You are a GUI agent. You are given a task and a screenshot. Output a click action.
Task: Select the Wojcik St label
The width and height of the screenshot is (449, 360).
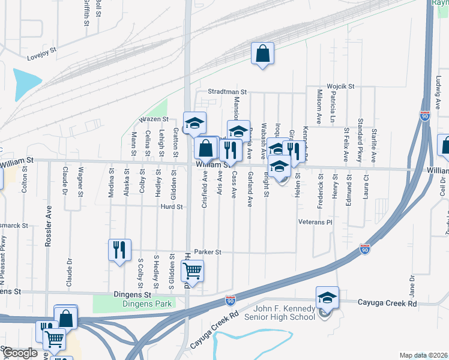340,86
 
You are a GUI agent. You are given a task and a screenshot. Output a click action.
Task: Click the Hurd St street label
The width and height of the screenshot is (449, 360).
171,206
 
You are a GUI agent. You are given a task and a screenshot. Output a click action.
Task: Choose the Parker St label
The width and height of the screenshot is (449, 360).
208,252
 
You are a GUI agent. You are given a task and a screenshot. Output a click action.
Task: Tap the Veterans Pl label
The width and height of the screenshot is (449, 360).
315,222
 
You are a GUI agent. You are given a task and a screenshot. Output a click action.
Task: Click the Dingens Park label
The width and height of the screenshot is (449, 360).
147,304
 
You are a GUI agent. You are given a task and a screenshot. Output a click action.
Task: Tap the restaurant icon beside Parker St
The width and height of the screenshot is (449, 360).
119,249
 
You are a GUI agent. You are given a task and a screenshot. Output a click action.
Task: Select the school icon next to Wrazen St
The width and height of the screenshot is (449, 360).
194,124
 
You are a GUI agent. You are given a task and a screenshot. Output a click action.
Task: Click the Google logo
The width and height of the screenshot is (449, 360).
19,353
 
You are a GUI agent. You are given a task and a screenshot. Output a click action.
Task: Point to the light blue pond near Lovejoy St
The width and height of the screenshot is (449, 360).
26,84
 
